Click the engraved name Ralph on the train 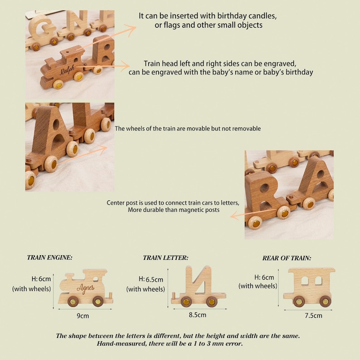[67, 70]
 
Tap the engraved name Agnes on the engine [86, 289]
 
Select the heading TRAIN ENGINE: [49, 258]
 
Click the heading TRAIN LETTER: [165, 258]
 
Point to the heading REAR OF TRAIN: [287, 258]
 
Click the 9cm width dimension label [83, 316]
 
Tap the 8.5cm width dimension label [197, 315]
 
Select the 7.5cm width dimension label [313, 316]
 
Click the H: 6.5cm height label [151, 279]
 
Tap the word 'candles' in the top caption [263, 16]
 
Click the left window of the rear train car [305, 281]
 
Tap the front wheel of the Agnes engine [98, 301]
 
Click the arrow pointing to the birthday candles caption [106, 38]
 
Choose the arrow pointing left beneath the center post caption [254, 213]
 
